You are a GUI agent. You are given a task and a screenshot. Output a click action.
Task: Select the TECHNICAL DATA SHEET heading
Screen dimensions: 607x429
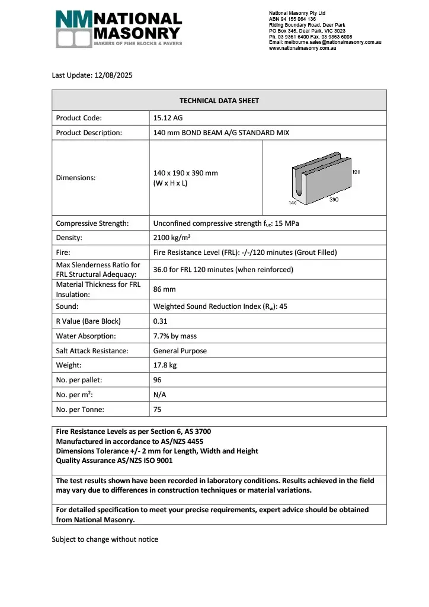pos(219,101)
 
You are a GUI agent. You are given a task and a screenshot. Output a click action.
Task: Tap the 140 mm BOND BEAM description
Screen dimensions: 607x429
pos(221,133)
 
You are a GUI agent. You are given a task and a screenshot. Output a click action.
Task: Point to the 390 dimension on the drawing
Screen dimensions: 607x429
pos(334,200)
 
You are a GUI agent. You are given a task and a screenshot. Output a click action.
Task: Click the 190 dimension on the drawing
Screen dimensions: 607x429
pos(356,171)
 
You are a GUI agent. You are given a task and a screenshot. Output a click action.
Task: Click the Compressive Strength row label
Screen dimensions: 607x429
pos(92,223)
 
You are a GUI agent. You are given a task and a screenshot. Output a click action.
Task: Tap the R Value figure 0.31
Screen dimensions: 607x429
pos(160,321)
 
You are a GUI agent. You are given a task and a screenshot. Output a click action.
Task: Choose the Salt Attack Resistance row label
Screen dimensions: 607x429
pos(92,351)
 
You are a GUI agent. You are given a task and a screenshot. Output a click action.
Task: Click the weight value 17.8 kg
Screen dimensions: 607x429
pos(165,365)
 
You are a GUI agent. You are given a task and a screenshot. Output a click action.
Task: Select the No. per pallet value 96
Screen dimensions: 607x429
pos(158,380)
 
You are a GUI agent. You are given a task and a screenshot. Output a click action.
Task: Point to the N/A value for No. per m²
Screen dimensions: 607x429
pos(160,395)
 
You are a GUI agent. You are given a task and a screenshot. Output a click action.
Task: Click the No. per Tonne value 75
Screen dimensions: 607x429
pos(158,410)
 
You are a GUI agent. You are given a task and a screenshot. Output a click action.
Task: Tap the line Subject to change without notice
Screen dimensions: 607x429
pos(105,539)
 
